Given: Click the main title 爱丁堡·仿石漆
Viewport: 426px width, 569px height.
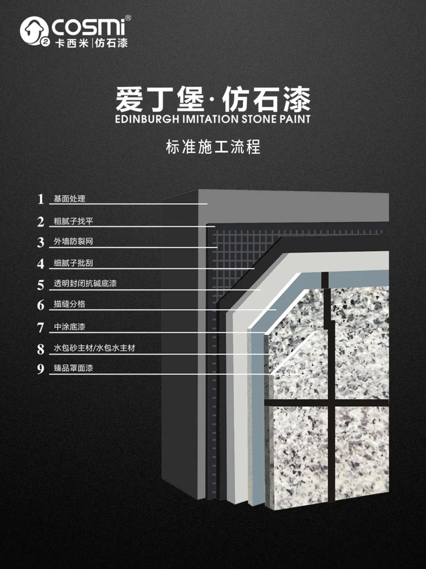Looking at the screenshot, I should click(x=213, y=99).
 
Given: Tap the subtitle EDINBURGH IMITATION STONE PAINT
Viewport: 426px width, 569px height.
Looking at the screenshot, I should click(x=213, y=119).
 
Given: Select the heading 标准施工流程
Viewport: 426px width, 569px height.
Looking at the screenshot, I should click(x=213, y=147).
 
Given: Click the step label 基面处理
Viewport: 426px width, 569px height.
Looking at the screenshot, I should click(x=69, y=199).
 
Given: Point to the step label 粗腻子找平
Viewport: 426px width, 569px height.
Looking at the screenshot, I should click(x=73, y=221).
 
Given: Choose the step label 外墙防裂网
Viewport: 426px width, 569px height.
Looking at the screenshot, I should click(x=73, y=242).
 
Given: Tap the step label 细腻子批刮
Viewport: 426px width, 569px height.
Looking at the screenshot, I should click(x=73, y=263).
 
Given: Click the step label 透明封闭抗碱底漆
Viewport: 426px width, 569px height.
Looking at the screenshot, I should click(x=85, y=284).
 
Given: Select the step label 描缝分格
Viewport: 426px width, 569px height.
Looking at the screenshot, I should click(x=69, y=304).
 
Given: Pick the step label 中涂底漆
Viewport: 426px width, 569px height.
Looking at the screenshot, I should click(x=69, y=327).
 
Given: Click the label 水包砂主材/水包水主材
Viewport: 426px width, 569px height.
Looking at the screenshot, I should click(x=94, y=348).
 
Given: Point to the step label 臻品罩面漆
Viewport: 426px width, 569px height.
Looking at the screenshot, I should click(x=73, y=368).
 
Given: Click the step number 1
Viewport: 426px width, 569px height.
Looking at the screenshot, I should click(x=41, y=199).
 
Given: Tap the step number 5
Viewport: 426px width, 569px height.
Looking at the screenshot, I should click(x=41, y=284).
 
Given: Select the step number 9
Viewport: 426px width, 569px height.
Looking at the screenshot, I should click(x=41, y=369).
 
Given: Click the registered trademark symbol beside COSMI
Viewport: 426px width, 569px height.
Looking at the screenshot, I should click(x=128, y=18).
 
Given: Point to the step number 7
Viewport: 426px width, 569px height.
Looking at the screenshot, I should click(x=41, y=327).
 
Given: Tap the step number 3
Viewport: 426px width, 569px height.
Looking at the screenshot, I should click(x=41, y=242).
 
